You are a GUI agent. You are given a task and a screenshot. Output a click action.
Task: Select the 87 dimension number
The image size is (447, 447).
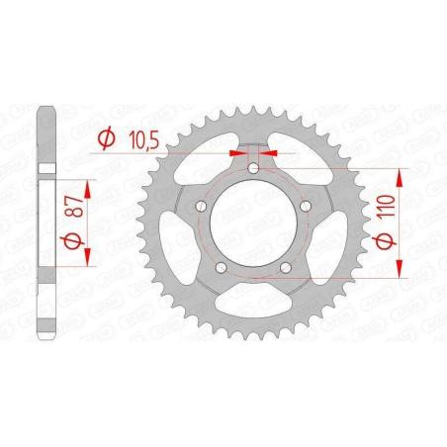(x=75, y=206)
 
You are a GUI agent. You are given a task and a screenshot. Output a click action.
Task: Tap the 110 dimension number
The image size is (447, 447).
(x=388, y=206)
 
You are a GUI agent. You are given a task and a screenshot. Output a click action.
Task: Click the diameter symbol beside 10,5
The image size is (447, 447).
(x=107, y=139)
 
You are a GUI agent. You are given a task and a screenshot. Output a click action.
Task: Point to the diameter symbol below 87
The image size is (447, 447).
(x=73, y=241)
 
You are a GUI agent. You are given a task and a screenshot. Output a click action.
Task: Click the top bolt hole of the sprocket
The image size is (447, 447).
(x=253, y=169)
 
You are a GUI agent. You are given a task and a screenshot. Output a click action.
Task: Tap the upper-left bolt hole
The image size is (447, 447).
(x=201, y=207)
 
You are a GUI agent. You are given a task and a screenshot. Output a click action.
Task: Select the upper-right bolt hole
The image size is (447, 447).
(x=306, y=207)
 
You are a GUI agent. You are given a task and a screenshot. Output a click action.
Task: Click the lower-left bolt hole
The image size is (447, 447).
(x=221, y=267)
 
